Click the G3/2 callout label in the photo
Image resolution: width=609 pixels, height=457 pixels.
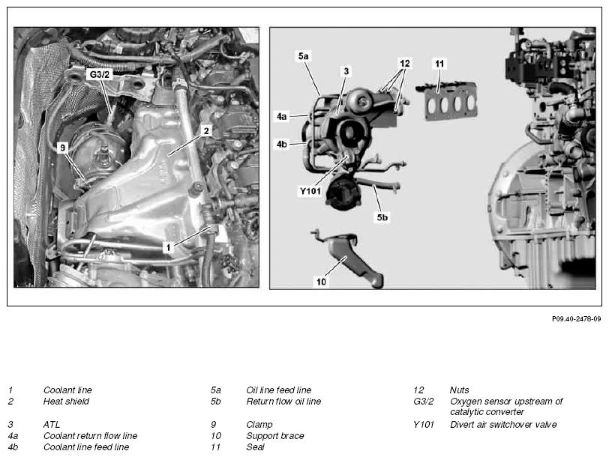[x=100, y=74]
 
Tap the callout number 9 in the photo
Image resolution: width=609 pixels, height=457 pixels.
[x=62, y=148]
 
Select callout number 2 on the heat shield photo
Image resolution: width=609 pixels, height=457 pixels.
[x=206, y=131]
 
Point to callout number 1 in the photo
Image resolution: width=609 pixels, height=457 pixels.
[x=168, y=247]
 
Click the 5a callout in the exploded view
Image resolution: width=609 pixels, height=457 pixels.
[x=303, y=56]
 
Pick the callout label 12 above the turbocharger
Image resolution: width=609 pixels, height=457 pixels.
[x=405, y=63]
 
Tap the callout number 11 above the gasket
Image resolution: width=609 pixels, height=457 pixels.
[x=439, y=64]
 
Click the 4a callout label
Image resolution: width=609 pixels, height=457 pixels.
[x=281, y=116]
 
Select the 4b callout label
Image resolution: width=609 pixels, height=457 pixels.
[x=281, y=145]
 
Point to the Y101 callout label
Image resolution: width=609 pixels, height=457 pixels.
[x=310, y=191]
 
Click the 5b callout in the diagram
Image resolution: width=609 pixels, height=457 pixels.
[x=382, y=217]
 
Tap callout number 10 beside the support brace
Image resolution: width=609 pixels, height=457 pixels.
[x=321, y=282]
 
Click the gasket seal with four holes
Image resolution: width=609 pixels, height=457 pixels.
[x=447, y=102]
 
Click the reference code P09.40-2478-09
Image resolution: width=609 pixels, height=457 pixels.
[x=576, y=319]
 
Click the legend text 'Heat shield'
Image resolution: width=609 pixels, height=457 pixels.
[x=66, y=401]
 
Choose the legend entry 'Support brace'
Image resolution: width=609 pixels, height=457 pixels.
[x=275, y=436]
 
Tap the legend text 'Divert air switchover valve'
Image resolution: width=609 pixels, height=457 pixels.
[x=503, y=425]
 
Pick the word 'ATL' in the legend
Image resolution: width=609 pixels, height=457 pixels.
[x=52, y=425]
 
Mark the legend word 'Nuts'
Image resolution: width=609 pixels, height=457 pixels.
[x=460, y=390]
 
